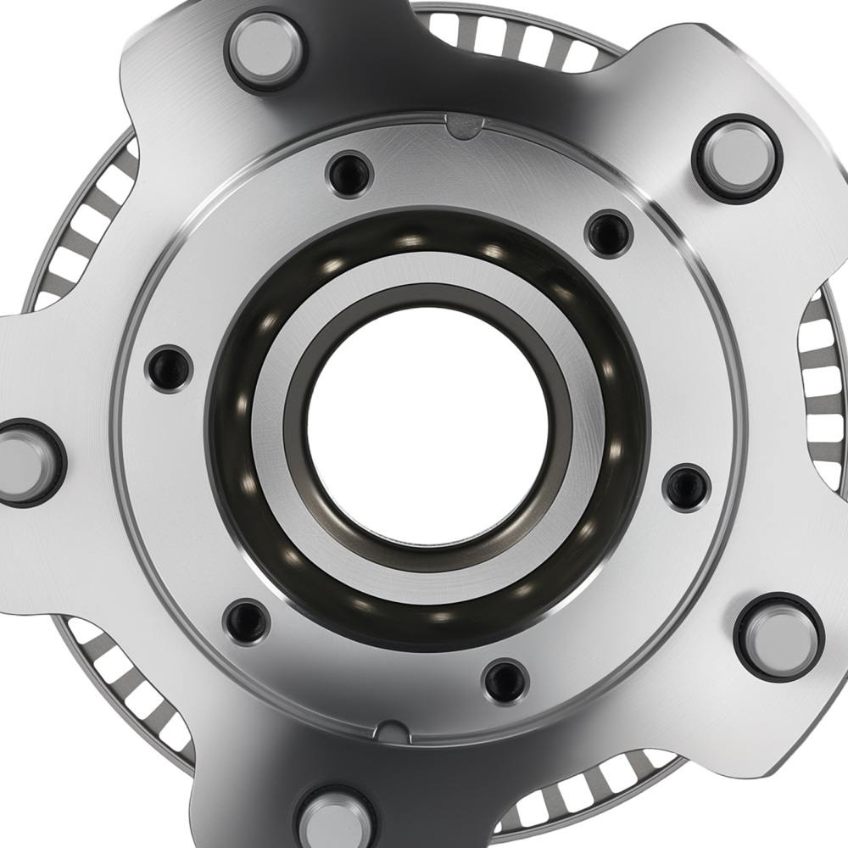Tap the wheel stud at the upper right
point(736,158)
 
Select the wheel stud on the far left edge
point(25,462)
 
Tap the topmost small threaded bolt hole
point(349,174)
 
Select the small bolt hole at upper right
point(609,233)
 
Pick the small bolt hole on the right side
point(687,488)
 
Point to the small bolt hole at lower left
point(247,622)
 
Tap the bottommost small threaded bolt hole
point(505,681)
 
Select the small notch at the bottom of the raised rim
point(393,730)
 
